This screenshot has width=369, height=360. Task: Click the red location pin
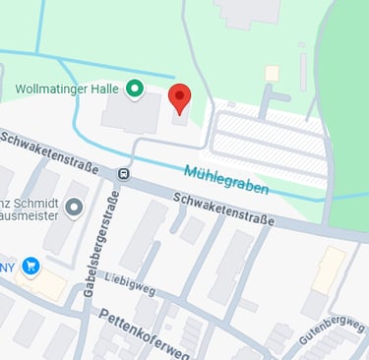tap(179, 98)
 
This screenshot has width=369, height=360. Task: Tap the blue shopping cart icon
tap(31, 265)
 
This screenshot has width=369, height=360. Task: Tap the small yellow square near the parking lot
tap(272, 73)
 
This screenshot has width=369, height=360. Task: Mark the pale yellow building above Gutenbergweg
tap(329, 269)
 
